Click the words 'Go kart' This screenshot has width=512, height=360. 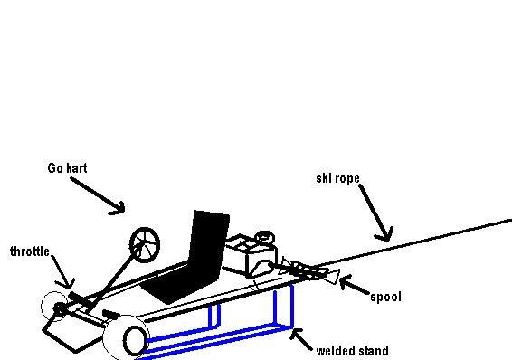click(67, 168)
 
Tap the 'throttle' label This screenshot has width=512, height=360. click(30, 251)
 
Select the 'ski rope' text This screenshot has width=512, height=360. click(337, 178)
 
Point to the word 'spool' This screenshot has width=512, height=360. click(386, 296)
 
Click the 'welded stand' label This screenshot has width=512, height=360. click(353, 351)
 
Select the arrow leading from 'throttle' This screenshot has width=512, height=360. click(61, 270)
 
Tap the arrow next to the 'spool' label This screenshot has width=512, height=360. click(353, 288)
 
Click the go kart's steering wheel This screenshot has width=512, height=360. click(144, 242)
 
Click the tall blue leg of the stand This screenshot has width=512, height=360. click(291, 308)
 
